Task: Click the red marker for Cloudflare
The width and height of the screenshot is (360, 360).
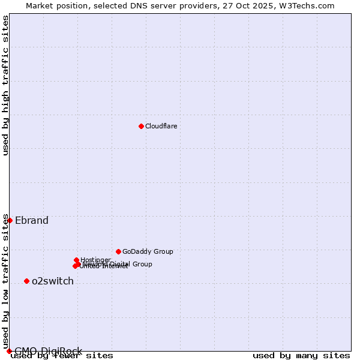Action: [x=141, y=126]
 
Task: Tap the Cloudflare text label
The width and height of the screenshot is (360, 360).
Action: [x=161, y=126]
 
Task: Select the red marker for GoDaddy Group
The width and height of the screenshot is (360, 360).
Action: [x=118, y=251]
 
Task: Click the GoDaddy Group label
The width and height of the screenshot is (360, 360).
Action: [x=148, y=251]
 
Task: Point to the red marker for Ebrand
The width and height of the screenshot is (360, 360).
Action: [x=10, y=220]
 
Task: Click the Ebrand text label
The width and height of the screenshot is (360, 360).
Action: [x=32, y=220]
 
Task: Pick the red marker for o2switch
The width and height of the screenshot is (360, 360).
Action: [x=26, y=281]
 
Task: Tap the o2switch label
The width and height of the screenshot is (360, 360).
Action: [x=53, y=281]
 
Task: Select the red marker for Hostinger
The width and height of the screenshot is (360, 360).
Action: [x=76, y=260]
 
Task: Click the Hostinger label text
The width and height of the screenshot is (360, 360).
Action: [x=95, y=260]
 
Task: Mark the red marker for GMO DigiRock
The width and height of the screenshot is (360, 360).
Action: [x=9, y=351]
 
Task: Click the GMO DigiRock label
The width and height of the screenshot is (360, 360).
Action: [x=48, y=351]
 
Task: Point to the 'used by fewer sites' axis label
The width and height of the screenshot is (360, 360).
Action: [x=62, y=356]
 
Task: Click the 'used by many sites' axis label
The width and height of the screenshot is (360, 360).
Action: [x=301, y=356]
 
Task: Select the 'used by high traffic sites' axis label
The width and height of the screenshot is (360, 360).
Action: [x=5, y=85]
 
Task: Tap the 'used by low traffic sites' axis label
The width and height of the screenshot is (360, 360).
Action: [x=5, y=281]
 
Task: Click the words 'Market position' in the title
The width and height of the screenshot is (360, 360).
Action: [x=56, y=5]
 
